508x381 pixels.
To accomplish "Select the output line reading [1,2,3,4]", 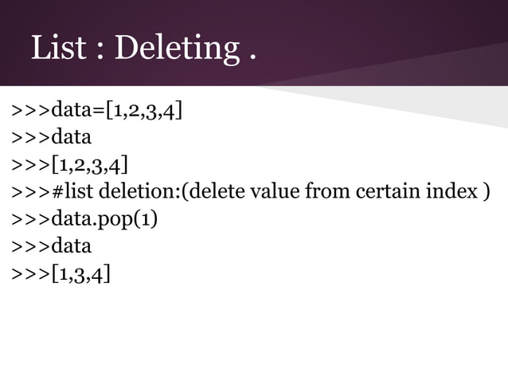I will pyautogui.click(x=88, y=166).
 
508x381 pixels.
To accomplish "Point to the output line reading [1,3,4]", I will pyautogui.click(x=80, y=275).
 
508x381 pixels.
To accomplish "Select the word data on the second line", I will pyautogui.click(x=71, y=137).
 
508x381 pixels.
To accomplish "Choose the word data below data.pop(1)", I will pyautogui.click(x=71, y=246).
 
